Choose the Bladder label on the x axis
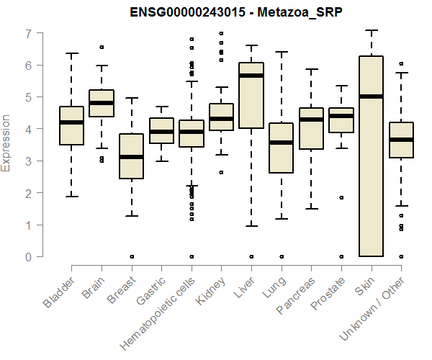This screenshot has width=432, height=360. pos(59,293)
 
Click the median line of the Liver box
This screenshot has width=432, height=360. pos(251,76)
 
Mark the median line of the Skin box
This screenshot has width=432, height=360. pos(371,96)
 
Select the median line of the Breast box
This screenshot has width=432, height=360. pos(131,156)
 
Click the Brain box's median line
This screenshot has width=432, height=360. pos(102,103)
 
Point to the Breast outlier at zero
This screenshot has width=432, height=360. pos(131,256)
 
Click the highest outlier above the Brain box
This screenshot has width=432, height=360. pos(102,47)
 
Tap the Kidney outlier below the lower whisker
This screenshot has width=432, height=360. pos(221,172)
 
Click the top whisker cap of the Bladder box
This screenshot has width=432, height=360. pos(72,53)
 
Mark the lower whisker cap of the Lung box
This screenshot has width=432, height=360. pos(281,218)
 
